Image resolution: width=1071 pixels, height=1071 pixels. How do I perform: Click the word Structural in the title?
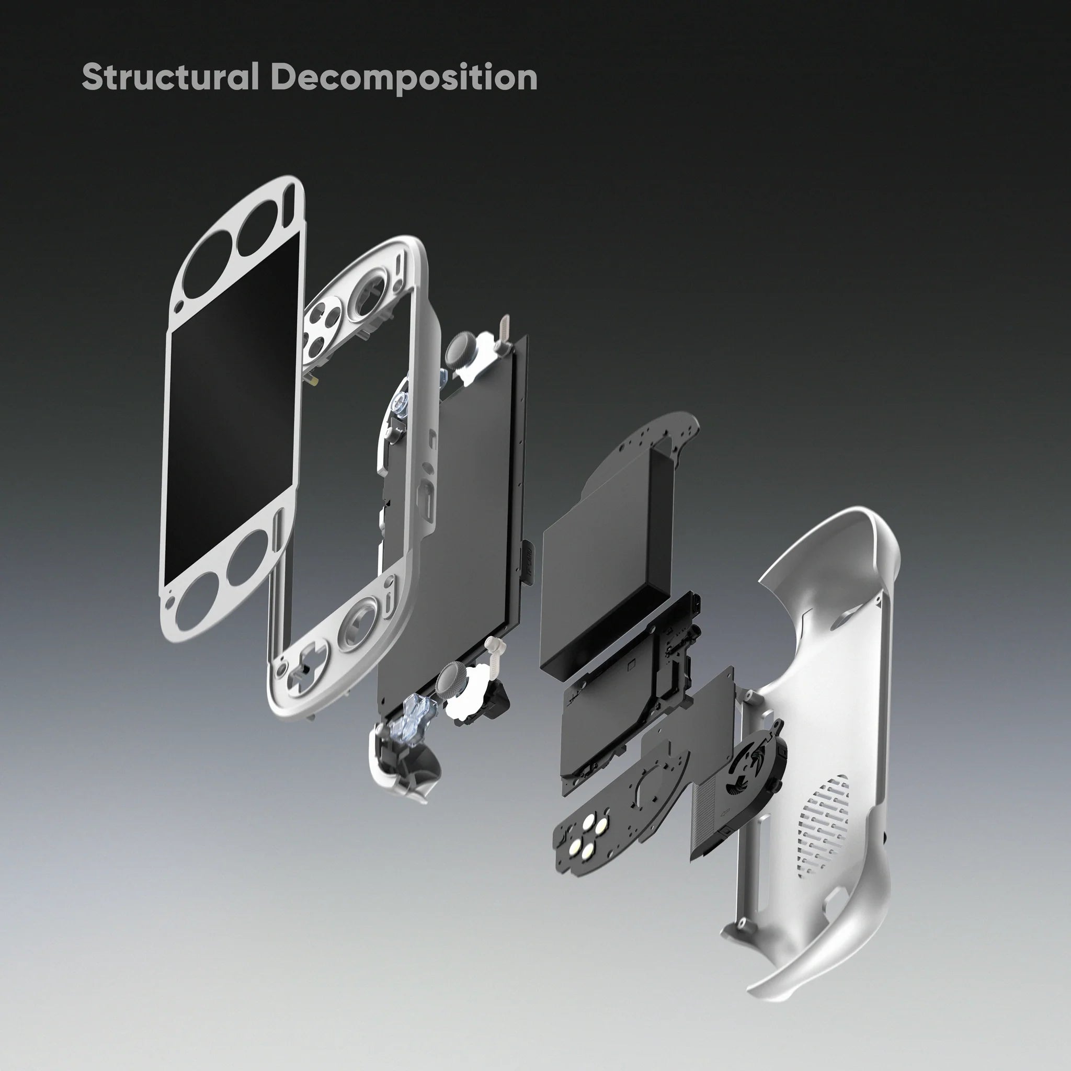tap(170, 76)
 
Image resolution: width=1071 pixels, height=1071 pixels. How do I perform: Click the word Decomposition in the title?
tap(404, 77)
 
